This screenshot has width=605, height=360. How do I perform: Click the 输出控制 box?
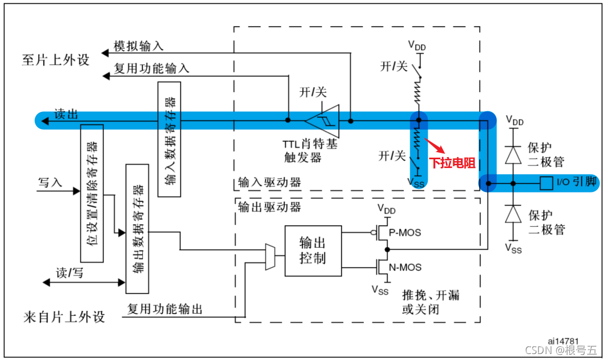pyautogui.click(x=313, y=250)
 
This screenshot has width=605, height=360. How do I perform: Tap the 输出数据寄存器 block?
pyautogui.click(x=137, y=228)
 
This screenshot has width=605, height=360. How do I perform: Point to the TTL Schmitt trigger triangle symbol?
pyautogui.click(x=323, y=120)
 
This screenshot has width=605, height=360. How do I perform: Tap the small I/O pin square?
pyautogui.click(x=545, y=183)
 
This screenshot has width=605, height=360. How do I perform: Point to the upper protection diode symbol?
pyautogui.click(x=512, y=155)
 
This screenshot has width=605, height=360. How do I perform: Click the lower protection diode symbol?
pyautogui.click(x=512, y=214)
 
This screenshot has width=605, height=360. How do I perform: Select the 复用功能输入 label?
pyautogui.click(x=152, y=69)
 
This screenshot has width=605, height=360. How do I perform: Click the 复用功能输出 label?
pyautogui.click(x=165, y=309)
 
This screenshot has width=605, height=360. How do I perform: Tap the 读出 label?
pyautogui.click(x=66, y=114)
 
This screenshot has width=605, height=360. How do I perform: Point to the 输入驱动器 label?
pyautogui.click(x=269, y=182)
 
